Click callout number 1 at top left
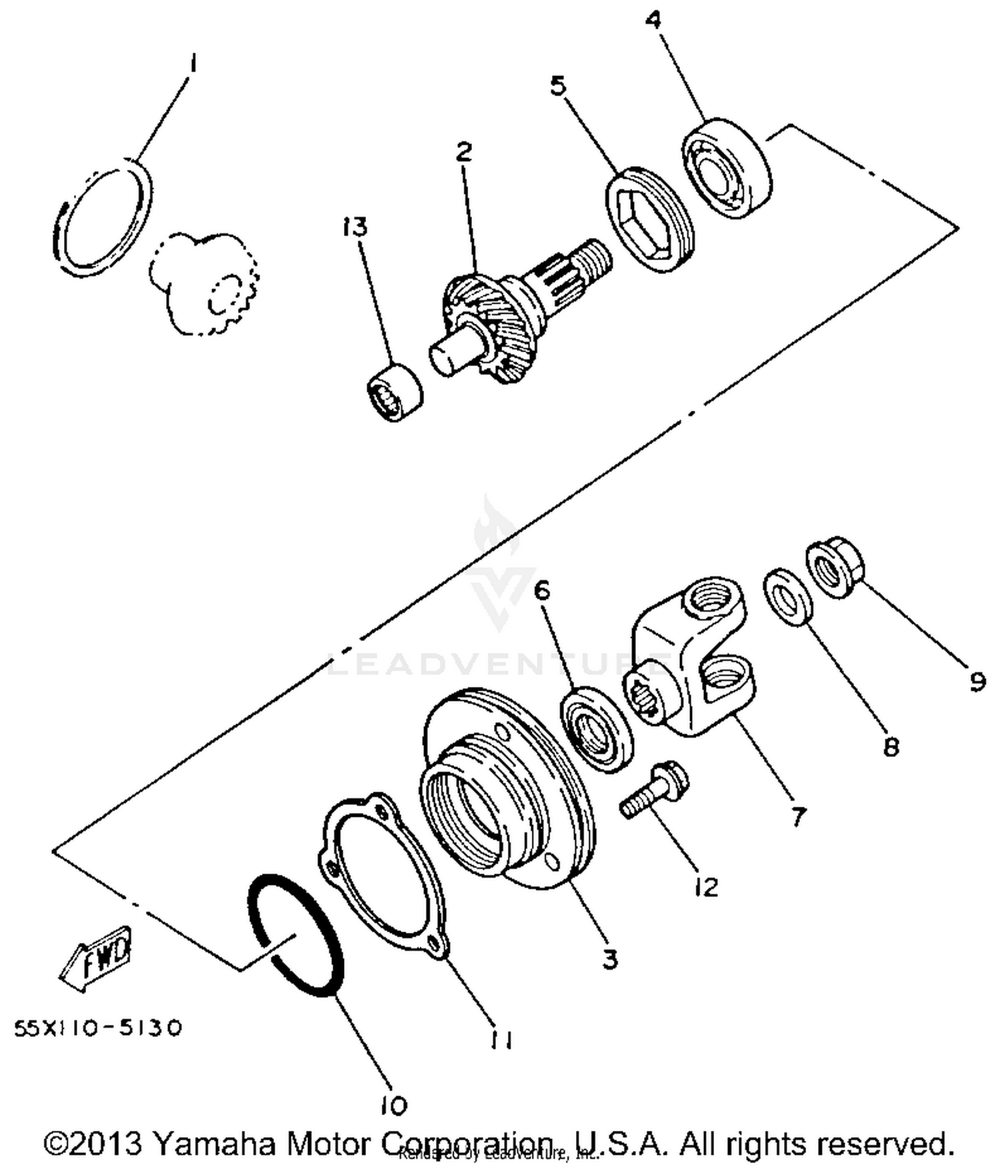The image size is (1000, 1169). point(192,65)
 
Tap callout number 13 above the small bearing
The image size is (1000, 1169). point(355,227)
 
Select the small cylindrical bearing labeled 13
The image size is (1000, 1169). point(395,392)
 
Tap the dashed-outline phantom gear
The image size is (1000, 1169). point(203,283)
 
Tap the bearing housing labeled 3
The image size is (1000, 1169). point(507,787)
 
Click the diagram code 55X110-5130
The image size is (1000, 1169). point(98,1028)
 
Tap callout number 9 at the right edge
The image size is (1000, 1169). point(976,681)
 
